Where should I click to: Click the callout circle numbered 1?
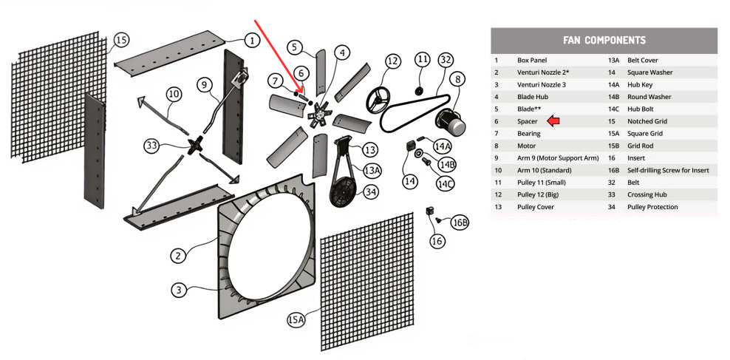pos(251,41)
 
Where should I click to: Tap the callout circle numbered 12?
pos(392,61)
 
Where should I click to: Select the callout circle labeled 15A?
pos(296,319)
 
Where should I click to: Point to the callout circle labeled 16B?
pos(460,223)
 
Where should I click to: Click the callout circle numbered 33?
pos(151,146)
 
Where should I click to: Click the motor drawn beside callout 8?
pos(449,120)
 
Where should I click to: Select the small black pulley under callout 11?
pos(418,91)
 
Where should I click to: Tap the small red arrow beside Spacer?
pos(553,121)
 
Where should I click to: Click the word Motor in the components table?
pos(526,146)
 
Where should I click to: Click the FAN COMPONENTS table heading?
pos(604,41)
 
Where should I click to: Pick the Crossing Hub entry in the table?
pos(647,194)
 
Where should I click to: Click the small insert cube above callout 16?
pos(430,212)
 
